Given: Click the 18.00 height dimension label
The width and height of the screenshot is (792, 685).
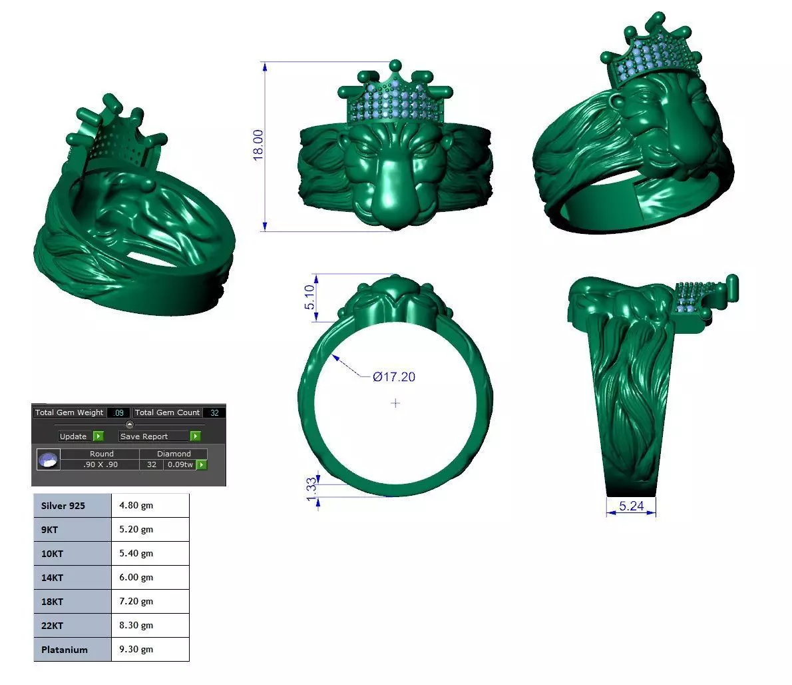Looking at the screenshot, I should point(258,144).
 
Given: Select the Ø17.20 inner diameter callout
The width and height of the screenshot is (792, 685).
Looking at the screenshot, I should point(393,377).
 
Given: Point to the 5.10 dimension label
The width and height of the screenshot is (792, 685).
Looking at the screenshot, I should point(309,297).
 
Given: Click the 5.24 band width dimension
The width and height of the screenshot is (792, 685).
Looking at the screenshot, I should point(631,506).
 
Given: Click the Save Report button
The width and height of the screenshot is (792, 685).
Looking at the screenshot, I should point(144,436).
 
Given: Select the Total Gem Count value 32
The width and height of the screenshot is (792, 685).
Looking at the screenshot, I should point(214,412).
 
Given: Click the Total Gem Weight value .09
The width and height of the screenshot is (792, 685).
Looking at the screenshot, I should point(120,412).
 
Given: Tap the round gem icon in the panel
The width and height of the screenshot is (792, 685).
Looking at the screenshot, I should point(48,460).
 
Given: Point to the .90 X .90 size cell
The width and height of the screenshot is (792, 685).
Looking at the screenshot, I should point(100,464).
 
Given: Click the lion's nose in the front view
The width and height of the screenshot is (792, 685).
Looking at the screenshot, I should point(395,200).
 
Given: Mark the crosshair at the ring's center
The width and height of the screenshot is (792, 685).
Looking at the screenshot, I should point(395,403).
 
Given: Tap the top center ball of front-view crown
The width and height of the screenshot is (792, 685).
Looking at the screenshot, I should point(395,65).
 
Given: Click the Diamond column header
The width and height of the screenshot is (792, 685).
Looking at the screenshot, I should point(174,454).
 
